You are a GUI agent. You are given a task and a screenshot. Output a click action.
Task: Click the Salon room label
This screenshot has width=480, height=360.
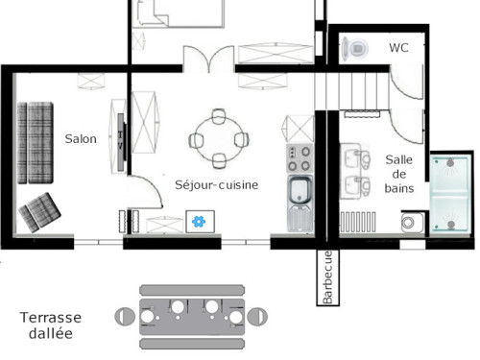coord(81,139)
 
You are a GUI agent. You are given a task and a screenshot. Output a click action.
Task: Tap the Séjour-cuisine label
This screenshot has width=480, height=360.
coord(217,184)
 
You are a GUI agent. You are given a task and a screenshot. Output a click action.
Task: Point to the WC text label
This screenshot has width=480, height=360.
coord(398,48)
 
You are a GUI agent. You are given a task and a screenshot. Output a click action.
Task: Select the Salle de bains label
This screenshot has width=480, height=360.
coord(399,174)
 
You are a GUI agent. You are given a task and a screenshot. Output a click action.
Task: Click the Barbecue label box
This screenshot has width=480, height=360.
coord(328,277)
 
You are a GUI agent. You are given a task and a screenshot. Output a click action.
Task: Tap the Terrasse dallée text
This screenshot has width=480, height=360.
coord(51,325)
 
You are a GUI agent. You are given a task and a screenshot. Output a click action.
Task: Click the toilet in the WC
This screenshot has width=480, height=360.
coord(354,49)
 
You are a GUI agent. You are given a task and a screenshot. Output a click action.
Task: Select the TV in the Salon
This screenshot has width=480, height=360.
coord(121,142)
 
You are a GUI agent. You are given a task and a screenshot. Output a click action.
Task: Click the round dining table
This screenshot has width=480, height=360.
coord(218,140)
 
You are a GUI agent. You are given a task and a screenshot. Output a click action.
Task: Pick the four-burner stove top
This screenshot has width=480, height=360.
coord(300,158)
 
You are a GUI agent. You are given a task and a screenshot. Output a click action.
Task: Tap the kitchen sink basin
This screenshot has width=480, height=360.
coord(300,189)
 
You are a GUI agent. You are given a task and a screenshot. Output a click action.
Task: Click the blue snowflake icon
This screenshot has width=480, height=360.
coord(199,222)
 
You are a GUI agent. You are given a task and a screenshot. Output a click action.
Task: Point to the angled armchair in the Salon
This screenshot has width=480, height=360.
coord(39,212)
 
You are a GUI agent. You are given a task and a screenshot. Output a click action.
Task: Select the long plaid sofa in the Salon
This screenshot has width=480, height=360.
coord(36,143)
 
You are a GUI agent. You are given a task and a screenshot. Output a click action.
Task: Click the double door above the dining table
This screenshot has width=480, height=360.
coord(208,60)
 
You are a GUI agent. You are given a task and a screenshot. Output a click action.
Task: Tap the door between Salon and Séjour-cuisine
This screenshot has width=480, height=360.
coord(145,192)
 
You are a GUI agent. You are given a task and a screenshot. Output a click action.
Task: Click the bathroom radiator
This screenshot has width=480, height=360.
coord(358,222)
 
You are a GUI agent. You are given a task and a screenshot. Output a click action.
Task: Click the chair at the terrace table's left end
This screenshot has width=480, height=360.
coord(125,317)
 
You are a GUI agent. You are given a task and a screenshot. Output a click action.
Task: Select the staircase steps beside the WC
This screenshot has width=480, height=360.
coord(352,91)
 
